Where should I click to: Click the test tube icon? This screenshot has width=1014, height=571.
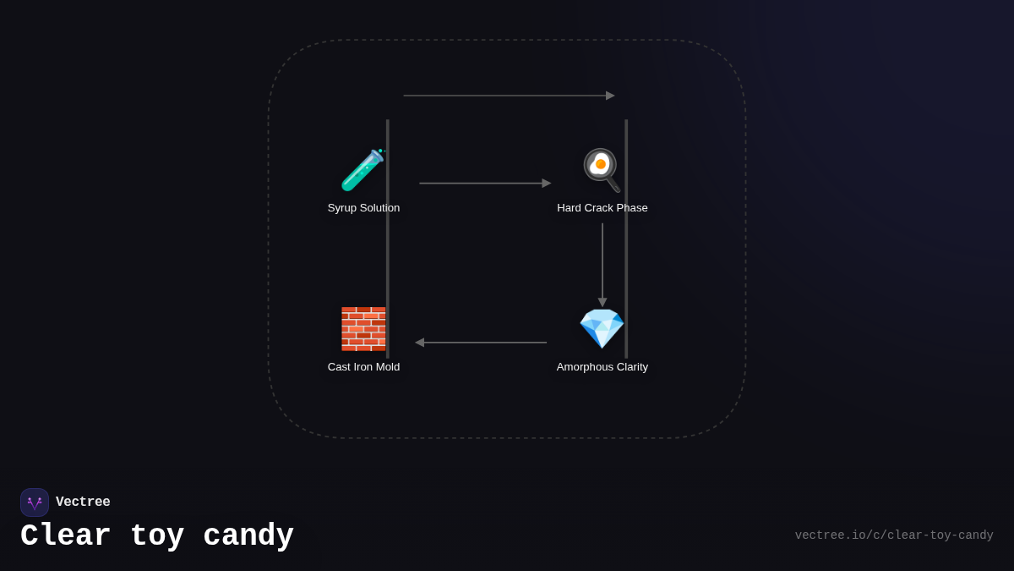363,170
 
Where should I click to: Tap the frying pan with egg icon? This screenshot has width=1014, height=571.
601,170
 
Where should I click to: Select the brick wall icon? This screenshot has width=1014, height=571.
363,329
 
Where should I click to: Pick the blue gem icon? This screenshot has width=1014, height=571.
601,329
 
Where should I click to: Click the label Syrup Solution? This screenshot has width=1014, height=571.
363,208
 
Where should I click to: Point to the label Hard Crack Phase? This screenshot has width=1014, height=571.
602,208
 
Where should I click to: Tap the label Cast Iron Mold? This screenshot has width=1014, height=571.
363,367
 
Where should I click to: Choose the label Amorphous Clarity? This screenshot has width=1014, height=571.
602,367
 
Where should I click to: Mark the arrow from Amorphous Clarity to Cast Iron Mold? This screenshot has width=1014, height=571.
481,343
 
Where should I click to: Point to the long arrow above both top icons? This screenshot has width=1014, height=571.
508,96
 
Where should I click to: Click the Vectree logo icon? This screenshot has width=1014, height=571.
35,502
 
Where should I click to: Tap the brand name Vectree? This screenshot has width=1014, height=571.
83,502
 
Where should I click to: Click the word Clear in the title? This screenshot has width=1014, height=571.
66,536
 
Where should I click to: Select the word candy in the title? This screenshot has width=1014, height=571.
248,536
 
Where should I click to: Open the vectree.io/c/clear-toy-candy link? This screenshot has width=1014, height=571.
894,535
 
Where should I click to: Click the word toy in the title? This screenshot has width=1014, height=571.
157,536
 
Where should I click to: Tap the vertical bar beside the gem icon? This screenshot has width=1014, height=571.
626,254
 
